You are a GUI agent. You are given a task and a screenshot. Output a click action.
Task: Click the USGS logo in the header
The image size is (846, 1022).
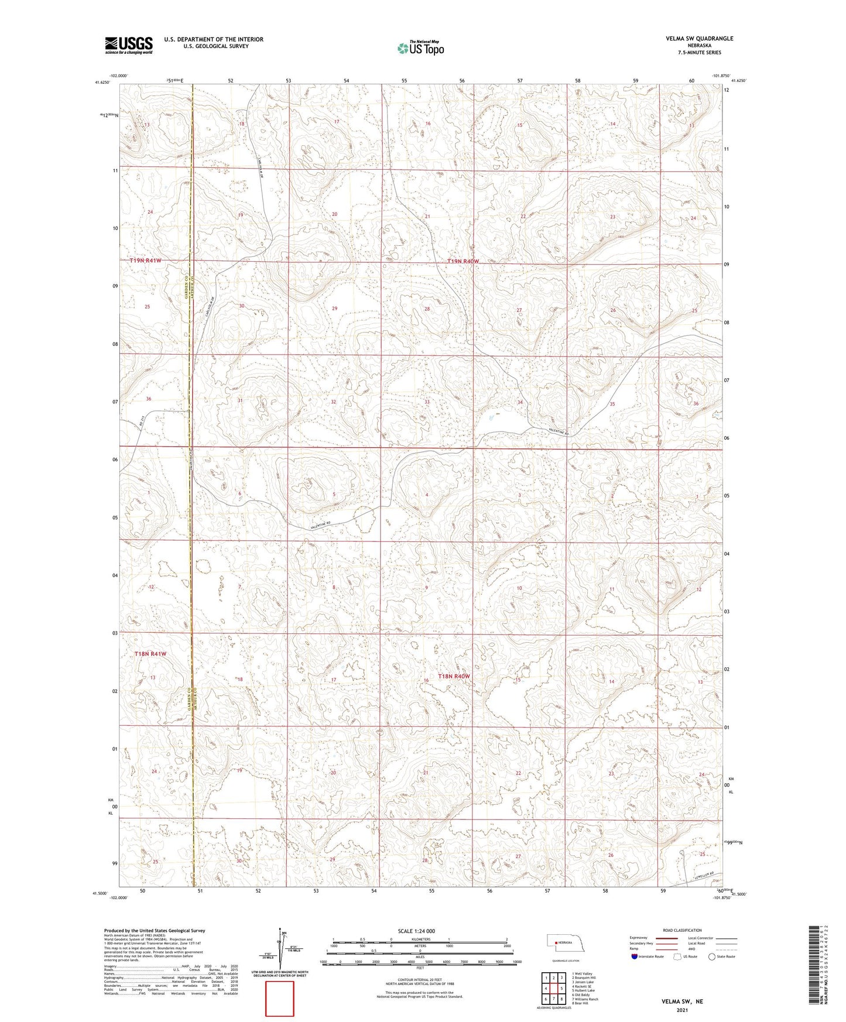point(128,44)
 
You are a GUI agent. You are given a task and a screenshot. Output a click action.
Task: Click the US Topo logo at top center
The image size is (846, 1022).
point(420,48)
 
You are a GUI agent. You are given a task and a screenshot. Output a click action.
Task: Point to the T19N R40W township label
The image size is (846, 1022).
point(463,262)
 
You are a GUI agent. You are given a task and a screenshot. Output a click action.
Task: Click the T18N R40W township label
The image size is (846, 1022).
point(454,676)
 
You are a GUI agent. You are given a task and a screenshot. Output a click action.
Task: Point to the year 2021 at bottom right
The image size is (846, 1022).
point(682,1010)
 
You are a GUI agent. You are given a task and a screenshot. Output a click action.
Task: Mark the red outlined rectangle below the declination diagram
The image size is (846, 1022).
point(280,999)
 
